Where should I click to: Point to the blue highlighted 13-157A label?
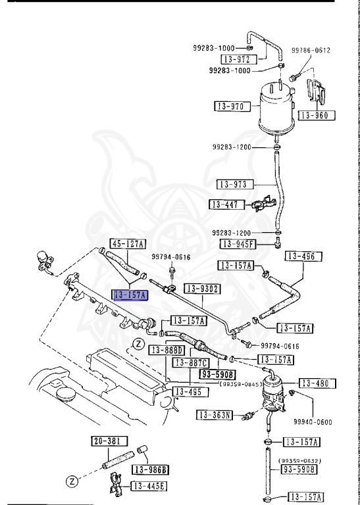point(130,295)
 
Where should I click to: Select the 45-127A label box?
point(127,243)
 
